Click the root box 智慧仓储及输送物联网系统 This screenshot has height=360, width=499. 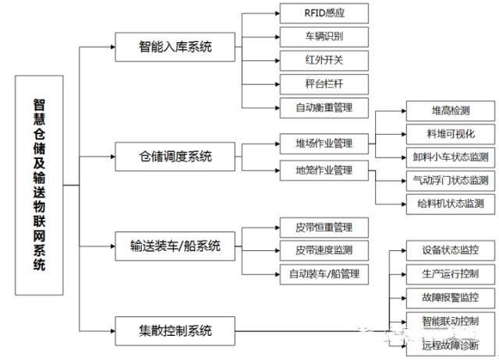pos(39,185)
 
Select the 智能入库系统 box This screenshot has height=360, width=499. pos(175,48)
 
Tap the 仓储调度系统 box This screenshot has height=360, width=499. pos(175,156)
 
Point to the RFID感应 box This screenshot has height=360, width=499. pos(324,12)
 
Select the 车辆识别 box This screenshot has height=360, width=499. pos(324,36)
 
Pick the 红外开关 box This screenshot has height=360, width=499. pos(324,59)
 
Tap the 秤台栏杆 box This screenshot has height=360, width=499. pos(324,83)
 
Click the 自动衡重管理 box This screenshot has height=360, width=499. pos(324,107)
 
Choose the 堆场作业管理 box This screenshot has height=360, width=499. pos(324,143)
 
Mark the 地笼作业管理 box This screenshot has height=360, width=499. pos(324,169)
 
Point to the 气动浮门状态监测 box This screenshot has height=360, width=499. pos(451,181)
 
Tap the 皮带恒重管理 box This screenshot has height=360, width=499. pos(324,228)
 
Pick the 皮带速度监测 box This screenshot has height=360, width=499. pos(324,250)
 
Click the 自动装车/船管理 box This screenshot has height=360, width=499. pos(324,274)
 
